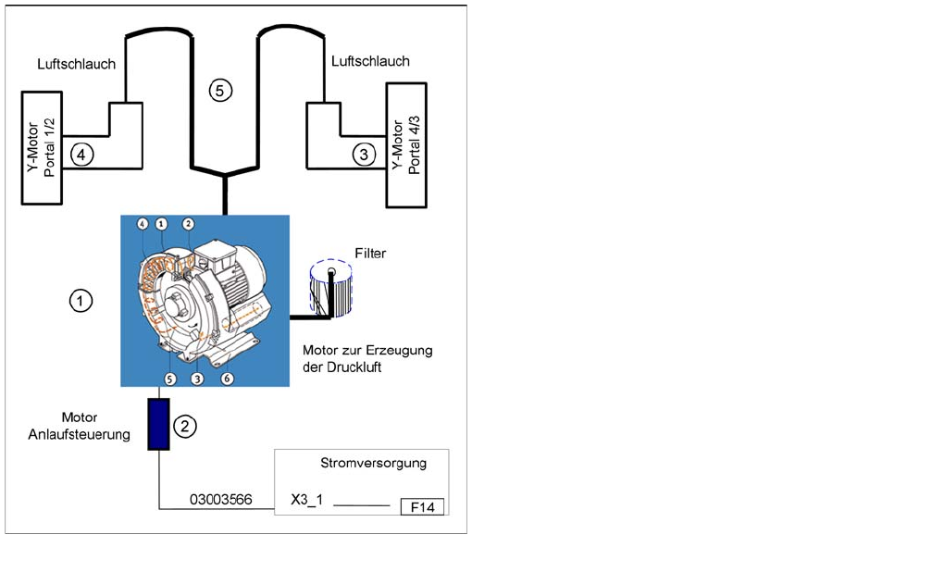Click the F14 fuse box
(x=422, y=506)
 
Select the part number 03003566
(x=221, y=500)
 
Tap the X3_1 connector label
(x=306, y=501)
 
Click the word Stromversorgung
(x=373, y=463)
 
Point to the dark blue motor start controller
(x=159, y=424)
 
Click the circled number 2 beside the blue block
(x=186, y=426)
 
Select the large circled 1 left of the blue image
(x=81, y=301)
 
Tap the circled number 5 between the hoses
(x=220, y=90)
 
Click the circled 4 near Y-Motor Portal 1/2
(x=81, y=155)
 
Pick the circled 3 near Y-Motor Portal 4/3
(x=365, y=155)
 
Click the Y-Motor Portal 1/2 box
(x=42, y=148)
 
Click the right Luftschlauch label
(x=370, y=61)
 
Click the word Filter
(x=370, y=253)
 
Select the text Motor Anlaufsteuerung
(x=96, y=426)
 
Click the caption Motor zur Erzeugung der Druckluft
(x=367, y=358)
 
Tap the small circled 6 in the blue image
(x=228, y=379)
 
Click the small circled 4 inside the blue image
(x=143, y=223)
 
